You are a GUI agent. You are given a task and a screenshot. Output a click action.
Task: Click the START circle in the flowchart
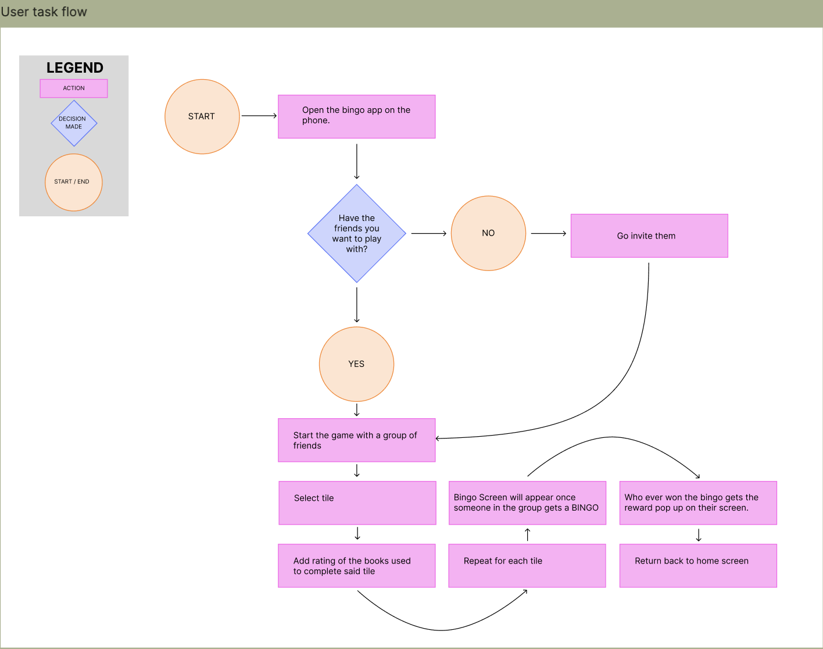coord(202,116)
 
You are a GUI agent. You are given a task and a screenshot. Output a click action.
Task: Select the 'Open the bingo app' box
coord(356,116)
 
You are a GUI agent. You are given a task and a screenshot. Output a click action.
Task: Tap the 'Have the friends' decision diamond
coord(356,233)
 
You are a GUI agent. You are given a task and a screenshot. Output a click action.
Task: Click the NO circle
coord(488,233)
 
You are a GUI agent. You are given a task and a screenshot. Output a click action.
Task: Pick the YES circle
coord(356,364)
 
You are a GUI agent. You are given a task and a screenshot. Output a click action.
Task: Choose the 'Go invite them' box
coord(649,236)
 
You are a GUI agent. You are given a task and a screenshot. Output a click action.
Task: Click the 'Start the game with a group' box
coord(356,440)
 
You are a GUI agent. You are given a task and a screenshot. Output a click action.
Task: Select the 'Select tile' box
coord(357,503)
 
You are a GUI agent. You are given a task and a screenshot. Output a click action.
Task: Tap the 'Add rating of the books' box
coord(356,566)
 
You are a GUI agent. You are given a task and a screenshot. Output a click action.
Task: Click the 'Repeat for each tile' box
coord(527,566)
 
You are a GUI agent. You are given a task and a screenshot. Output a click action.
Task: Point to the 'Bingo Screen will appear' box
coord(527,503)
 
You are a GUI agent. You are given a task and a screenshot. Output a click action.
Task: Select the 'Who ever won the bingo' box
coord(698,503)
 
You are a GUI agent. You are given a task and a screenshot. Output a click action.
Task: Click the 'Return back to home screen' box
coord(698,566)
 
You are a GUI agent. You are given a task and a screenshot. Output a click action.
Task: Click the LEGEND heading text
coord(75,68)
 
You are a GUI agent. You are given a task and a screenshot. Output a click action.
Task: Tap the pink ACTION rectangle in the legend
coord(74,88)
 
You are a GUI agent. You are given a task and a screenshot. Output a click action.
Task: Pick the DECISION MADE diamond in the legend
coord(74,123)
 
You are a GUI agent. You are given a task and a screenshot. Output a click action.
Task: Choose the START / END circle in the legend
coord(74,182)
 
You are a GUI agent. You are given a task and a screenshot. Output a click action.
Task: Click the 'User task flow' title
coord(44,12)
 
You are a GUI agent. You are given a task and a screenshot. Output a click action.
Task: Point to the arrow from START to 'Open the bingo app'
coord(259,116)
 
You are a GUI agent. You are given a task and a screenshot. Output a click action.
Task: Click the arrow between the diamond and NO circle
coord(428,233)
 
